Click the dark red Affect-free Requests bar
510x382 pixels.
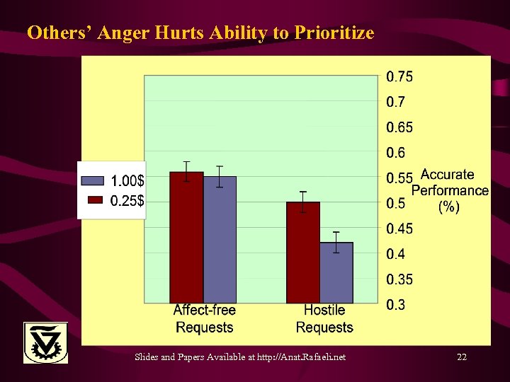click(x=186, y=237)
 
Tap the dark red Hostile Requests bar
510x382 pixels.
click(x=303, y=252)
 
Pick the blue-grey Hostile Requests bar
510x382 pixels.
click(x=336, y=272)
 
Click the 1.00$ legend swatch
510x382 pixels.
click(x=93, y=180)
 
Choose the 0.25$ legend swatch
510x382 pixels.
click(x=93, y=200)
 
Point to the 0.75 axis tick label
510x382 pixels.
click(x=399, y=76)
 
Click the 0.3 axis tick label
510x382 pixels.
click(x=395, y=305)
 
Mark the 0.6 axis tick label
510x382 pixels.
click(x=395, y=153)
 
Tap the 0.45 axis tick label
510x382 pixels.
click(x=399, y=228)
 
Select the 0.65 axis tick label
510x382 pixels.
click(x=399, y=127)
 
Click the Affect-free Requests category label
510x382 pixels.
click(x=204, y=318)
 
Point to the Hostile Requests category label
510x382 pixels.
click(x=324, y=318)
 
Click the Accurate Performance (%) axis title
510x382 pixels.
click(x=449, y=190)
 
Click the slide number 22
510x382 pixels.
click(x=462, y=357)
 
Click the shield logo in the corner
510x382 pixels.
click(x=46, y=342)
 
